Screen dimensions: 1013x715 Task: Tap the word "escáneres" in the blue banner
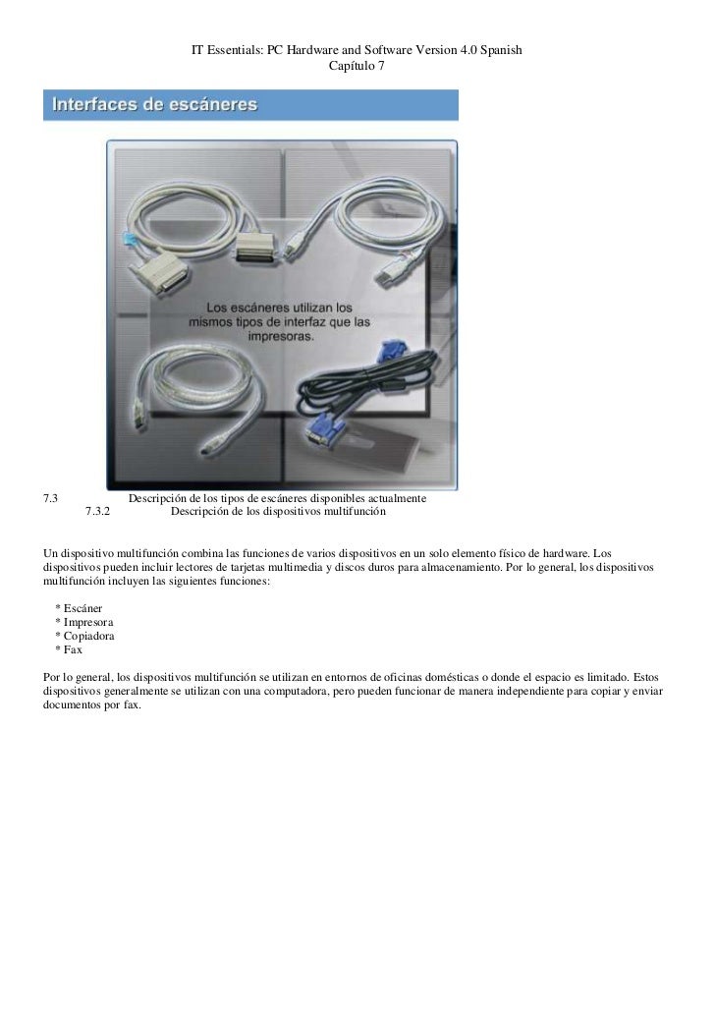[x=210, y=103]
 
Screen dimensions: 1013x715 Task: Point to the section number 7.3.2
[x=98, y=512]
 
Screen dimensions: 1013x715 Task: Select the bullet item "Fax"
[x=75, y=650]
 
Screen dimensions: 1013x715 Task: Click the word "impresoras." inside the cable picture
[x=280, y=335]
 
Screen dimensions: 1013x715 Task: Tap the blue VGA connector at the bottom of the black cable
[x=325, y=428]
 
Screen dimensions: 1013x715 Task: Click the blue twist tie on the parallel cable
[x=125, y=238]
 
